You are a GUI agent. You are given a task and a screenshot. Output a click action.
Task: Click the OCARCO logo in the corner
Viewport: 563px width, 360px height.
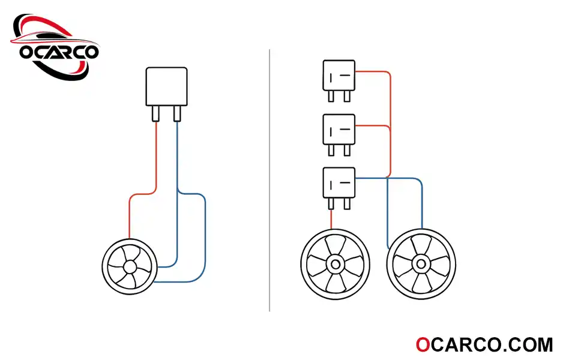pyautogui.click(x=55, y=47)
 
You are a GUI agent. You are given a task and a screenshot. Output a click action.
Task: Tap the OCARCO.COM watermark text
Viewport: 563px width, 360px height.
pyautogui.click(x=484, y=345)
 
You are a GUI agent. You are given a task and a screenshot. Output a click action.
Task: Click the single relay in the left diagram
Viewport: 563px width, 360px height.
pyautogui.click(x=166, y=94)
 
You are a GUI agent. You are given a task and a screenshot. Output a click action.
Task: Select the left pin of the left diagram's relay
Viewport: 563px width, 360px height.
pyautogui.click(x=155, y=113)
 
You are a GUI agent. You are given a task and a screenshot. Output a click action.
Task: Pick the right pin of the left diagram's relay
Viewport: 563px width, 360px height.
pyautogui.click(x=177, y=113)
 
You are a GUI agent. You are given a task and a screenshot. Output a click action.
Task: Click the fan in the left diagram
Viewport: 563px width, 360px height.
pyautogui.click(x=130, y=266)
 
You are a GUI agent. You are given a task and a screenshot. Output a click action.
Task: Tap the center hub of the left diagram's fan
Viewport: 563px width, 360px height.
pyautogui.click(x=130, y=266)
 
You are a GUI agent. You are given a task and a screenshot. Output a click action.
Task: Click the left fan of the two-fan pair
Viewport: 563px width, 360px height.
pyautogui.click(x=336, y=265)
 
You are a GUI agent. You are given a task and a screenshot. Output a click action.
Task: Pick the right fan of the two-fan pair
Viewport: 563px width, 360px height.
pyautogui.click(x=421, y=265)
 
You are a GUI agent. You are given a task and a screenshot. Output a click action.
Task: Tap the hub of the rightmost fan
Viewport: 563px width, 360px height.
pyautogui.click(x=421, y=265)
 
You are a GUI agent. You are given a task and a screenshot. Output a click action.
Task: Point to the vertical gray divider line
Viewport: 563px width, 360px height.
pyautogui.click(x=269, y=180)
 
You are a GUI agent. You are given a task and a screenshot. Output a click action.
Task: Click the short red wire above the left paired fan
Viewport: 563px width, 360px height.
pyautogui.click(x=331, y=220)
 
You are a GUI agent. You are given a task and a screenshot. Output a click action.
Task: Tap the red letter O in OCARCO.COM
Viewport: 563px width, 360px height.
pyautogui.click(x=423, y=345)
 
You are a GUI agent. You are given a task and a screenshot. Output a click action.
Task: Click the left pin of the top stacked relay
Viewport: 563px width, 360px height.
pyautogui.click(x=331, y=96)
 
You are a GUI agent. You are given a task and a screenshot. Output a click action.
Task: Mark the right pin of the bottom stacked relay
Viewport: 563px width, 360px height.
pyautogui.click(x=347, y=204)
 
